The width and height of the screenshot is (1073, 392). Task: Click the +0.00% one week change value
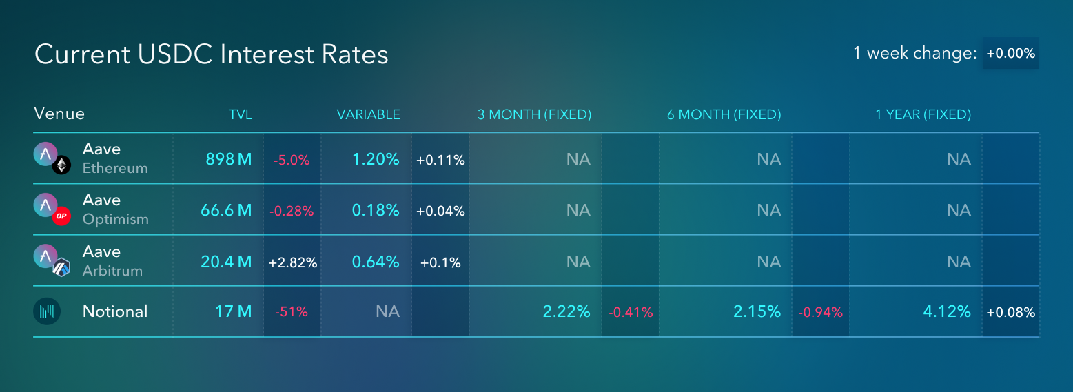(1011, 53)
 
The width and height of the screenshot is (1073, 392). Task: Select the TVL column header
(241, 114)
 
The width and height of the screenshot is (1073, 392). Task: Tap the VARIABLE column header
(369, 114)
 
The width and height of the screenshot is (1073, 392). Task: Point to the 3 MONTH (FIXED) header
(534, 114)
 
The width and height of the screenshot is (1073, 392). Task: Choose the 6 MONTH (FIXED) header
(724, 114)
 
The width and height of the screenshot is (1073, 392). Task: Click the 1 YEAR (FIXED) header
(923, 114)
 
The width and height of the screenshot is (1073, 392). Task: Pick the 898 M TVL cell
(229, 159)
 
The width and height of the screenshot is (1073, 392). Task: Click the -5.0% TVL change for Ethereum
(292, 160)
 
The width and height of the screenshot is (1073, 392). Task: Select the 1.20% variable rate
(376, 159)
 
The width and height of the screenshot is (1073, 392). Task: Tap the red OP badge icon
(61, 216)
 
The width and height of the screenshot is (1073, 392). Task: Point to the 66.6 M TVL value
(226, 210)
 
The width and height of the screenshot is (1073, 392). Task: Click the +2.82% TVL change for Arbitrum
(293, 262)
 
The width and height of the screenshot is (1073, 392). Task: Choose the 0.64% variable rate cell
(376, 261)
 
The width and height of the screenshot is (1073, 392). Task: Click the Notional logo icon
(47, 311)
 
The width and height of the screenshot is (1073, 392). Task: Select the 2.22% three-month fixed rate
(566, 311)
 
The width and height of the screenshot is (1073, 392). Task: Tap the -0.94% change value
(821, 313)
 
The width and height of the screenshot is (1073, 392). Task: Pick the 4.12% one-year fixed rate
(947, 311)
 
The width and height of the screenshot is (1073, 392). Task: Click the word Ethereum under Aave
(115, 168)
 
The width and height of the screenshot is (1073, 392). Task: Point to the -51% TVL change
(292, 312)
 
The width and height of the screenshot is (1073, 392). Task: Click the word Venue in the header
(59, 114)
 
